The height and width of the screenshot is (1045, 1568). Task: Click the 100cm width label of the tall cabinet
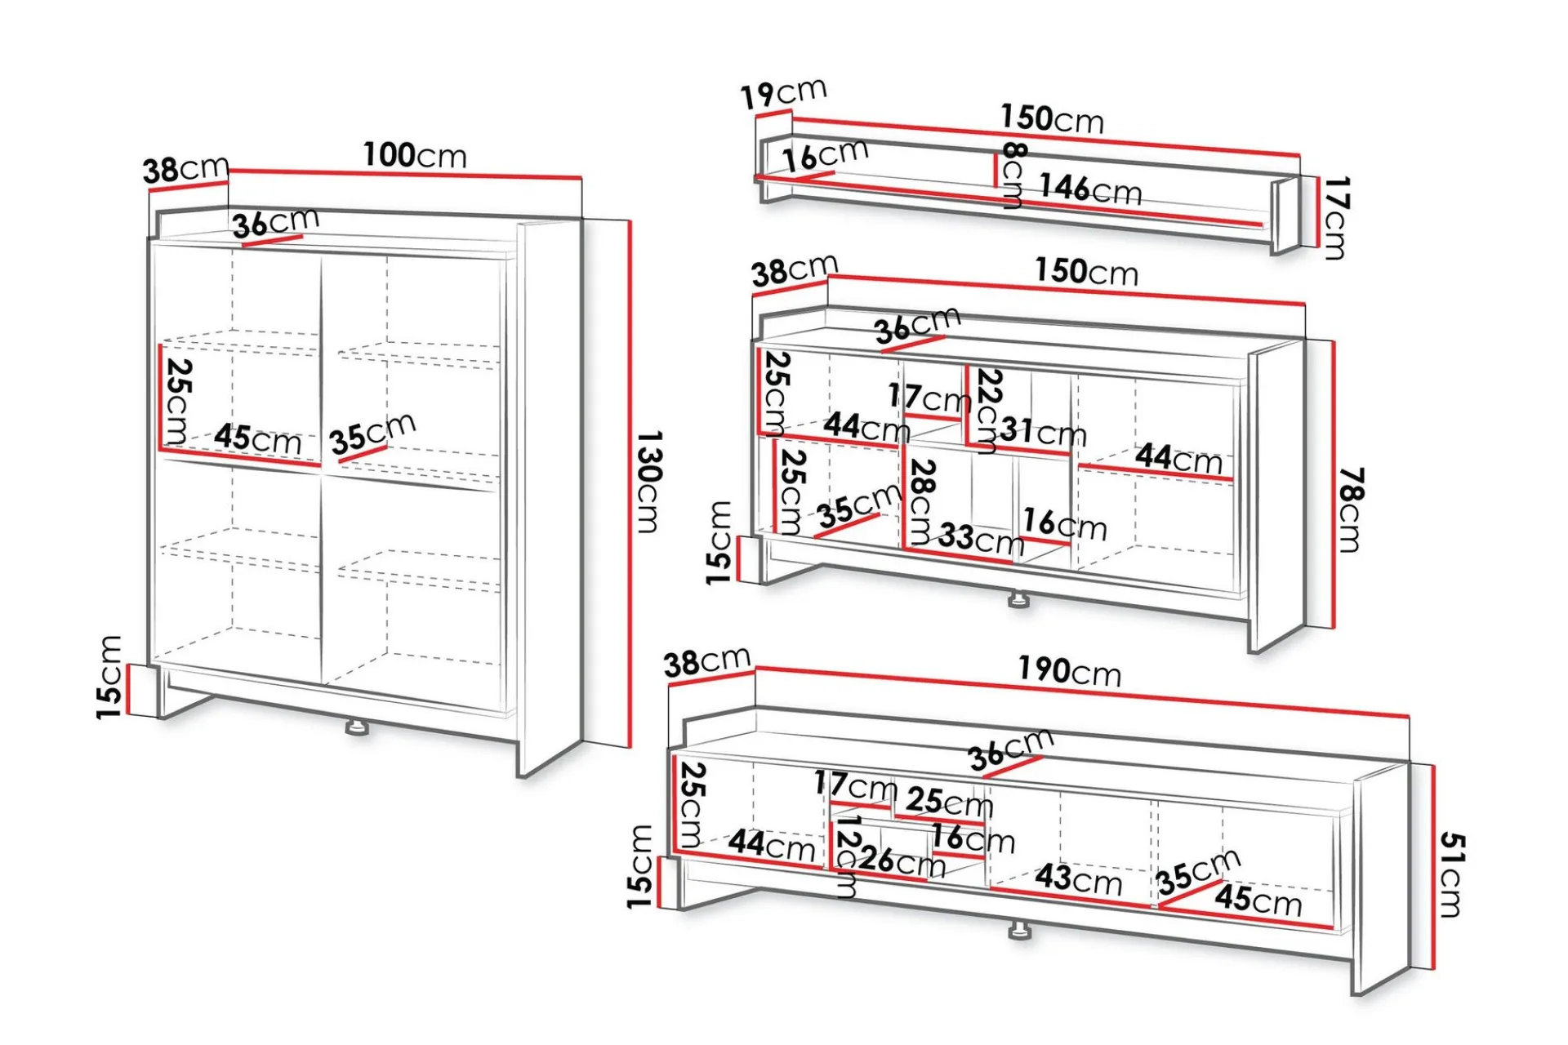(415, 155)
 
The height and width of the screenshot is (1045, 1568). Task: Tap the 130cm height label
(649, 482)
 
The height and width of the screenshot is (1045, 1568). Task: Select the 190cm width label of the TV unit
(1070, 670)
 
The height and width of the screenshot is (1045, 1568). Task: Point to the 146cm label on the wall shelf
(1090, 189)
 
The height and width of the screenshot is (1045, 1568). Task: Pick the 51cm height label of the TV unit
(1451, 874)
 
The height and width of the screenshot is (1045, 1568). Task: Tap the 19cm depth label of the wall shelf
(783, 93)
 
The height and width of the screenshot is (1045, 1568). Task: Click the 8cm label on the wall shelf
(1013, 175)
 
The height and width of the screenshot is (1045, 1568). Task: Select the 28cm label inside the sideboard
(921, 501)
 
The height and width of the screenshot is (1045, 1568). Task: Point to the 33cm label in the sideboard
(981, 539)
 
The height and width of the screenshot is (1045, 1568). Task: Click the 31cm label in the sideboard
(1044, 430)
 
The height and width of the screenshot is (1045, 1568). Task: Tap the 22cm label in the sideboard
(988, 411)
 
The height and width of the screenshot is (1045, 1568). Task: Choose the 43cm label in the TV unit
(1079, 878)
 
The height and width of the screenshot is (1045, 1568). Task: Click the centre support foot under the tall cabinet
(356, 727)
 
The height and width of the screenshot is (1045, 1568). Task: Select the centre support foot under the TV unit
(1018, 932)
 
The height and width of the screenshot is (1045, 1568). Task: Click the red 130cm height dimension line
(630, 483)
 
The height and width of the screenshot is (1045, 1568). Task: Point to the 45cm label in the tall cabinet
(258, 439)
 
